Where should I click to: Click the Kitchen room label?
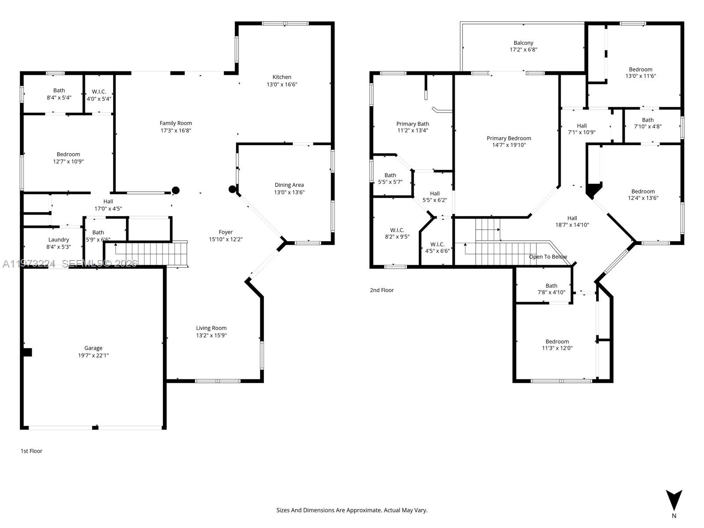click(x=282, y=77)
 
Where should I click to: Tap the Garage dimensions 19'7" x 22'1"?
click(x=93, y=356)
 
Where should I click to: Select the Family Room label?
click(x=176, y=123)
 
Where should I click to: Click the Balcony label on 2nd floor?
click(x=523, y=43)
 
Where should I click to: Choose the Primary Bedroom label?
click(x=509, y=138)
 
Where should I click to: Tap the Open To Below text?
click(x=548, y=257)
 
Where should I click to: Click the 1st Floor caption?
click(x=31, y=451)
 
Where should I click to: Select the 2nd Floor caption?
click(x=381, y=290)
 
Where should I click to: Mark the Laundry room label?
click(x=59, y=240)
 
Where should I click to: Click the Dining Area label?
click(x=289, y=185)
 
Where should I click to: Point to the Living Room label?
click(x=211, y=328)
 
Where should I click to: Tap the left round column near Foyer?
click(x=176, y=190)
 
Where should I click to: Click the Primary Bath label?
click(x=412, y=124)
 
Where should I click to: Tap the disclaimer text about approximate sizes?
click(x=352, y=510)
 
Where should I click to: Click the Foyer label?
click(x=226, y=232)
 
